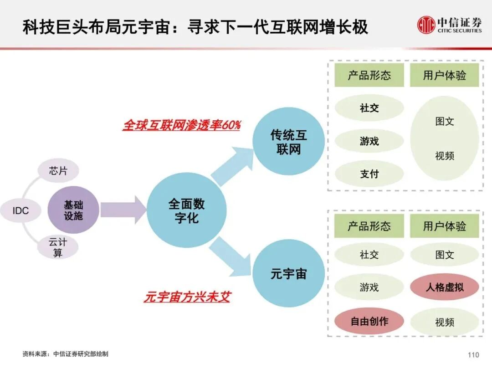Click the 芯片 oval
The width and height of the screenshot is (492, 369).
58,171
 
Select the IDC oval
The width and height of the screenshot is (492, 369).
20,210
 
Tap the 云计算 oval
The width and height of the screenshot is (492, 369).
57,247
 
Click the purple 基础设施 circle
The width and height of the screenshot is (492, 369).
73,210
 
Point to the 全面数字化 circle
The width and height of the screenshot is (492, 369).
186,210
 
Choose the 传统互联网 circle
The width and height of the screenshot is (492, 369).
288,142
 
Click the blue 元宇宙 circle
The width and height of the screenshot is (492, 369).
288,274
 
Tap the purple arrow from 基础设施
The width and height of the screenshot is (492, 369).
122,210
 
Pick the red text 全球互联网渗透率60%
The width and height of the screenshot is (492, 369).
181,125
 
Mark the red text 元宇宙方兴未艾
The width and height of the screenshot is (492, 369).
187,297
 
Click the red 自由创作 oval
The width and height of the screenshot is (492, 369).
369,321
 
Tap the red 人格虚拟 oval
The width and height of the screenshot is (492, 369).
444,287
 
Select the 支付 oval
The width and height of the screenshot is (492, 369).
369,174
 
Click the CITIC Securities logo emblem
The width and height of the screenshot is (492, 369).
426,25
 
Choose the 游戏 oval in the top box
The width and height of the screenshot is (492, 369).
369,141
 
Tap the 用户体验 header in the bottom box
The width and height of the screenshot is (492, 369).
444,226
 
